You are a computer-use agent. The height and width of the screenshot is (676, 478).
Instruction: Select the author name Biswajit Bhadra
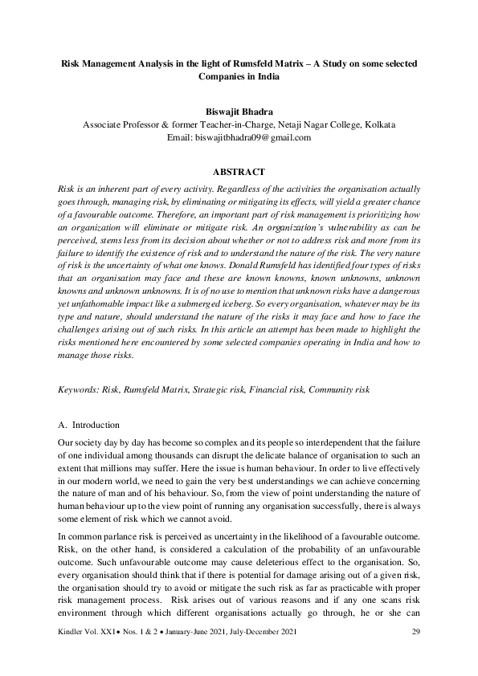coord(238,111)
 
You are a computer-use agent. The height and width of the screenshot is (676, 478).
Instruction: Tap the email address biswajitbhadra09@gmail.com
coord(238,138)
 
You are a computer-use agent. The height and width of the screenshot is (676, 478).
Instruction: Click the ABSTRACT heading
coord(239,172)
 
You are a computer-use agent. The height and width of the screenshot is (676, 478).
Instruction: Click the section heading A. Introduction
coord(89,425)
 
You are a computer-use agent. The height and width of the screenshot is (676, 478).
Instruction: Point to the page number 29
coord(415,655)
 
